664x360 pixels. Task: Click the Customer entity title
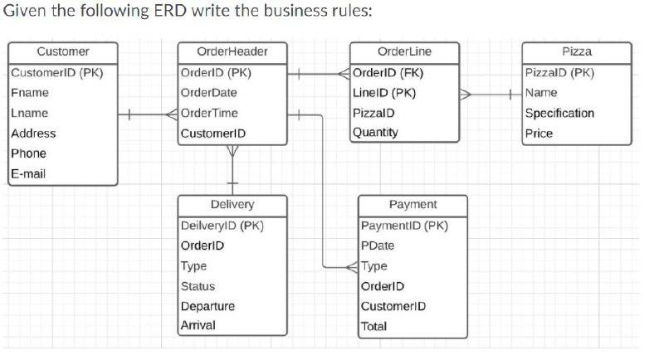click(62, 51)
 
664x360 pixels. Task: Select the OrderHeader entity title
click(232, 51)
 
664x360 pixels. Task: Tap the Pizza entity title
click(576, 51)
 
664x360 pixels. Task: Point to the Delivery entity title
click(232, 204)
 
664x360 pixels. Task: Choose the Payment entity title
click(413, 204)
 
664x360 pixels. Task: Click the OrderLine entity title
click(404, 51)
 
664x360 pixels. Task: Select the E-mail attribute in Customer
click(29, 173)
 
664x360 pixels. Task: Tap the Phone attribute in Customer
click(29, 153)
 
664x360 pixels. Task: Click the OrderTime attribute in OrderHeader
click(209, 113)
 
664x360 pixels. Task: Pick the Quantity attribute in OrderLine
click(375, 132)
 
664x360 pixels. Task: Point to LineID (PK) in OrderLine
click(383, 92)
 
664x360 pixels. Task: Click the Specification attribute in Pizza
click(559, 113)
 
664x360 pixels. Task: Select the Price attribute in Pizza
click(539, 133)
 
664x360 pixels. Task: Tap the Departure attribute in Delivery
click(207, 306)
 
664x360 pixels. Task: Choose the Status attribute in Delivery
click(198, 286)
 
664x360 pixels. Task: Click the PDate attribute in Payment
click(378, 246)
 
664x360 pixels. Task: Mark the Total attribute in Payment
click(374, 326)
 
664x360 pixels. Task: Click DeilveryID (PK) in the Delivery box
click(222, 225)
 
